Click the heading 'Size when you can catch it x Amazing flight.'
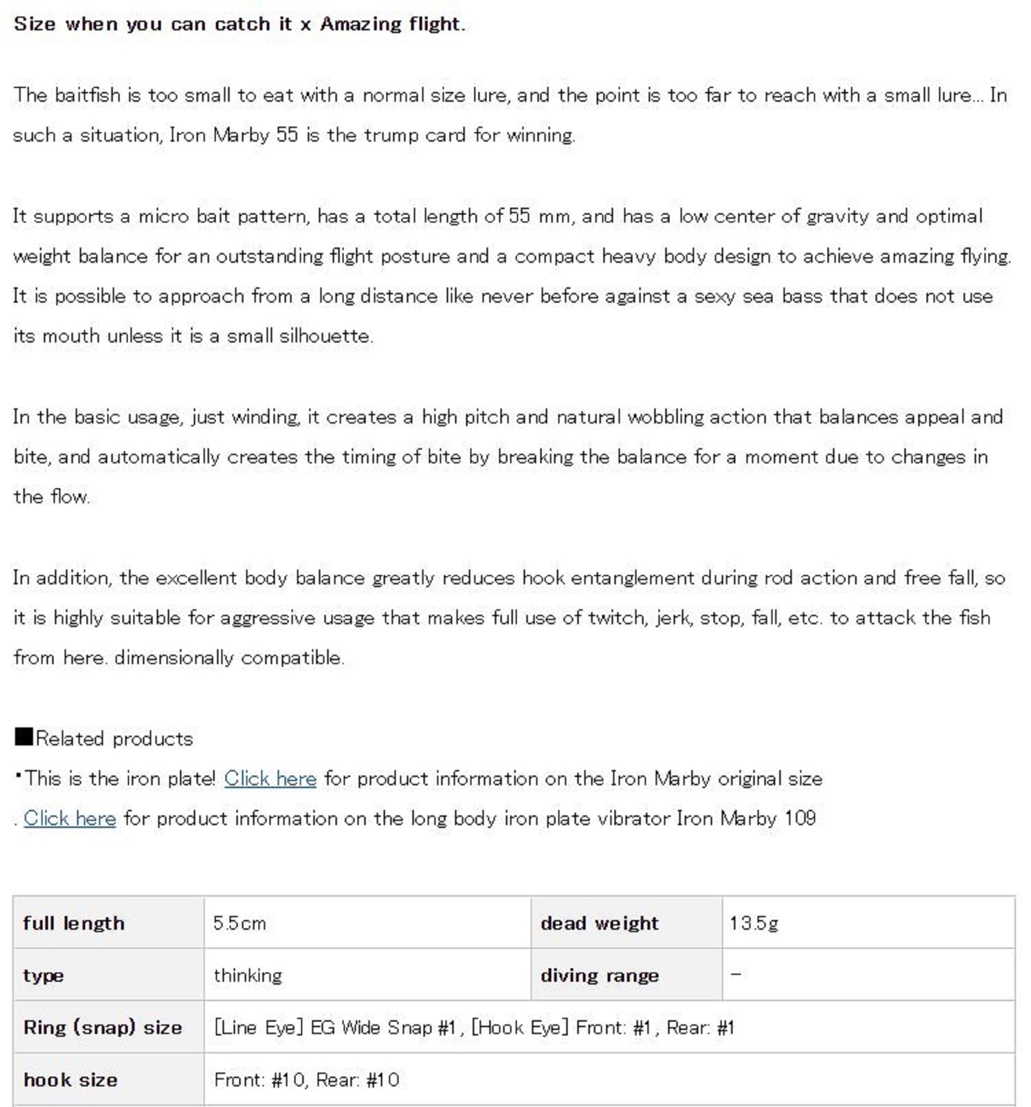240,24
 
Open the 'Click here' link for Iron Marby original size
270,778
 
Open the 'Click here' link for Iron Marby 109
70,818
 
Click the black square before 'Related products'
23,737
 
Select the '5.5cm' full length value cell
240,923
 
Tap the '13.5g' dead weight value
754,923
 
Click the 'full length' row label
74,923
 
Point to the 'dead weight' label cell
599,923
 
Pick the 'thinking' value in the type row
248,976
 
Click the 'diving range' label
599,976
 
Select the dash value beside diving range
735,974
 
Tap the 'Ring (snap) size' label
102,1027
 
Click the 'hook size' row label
70,1080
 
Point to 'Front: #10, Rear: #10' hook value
306,1080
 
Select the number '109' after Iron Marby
800,818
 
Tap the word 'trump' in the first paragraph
391,135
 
